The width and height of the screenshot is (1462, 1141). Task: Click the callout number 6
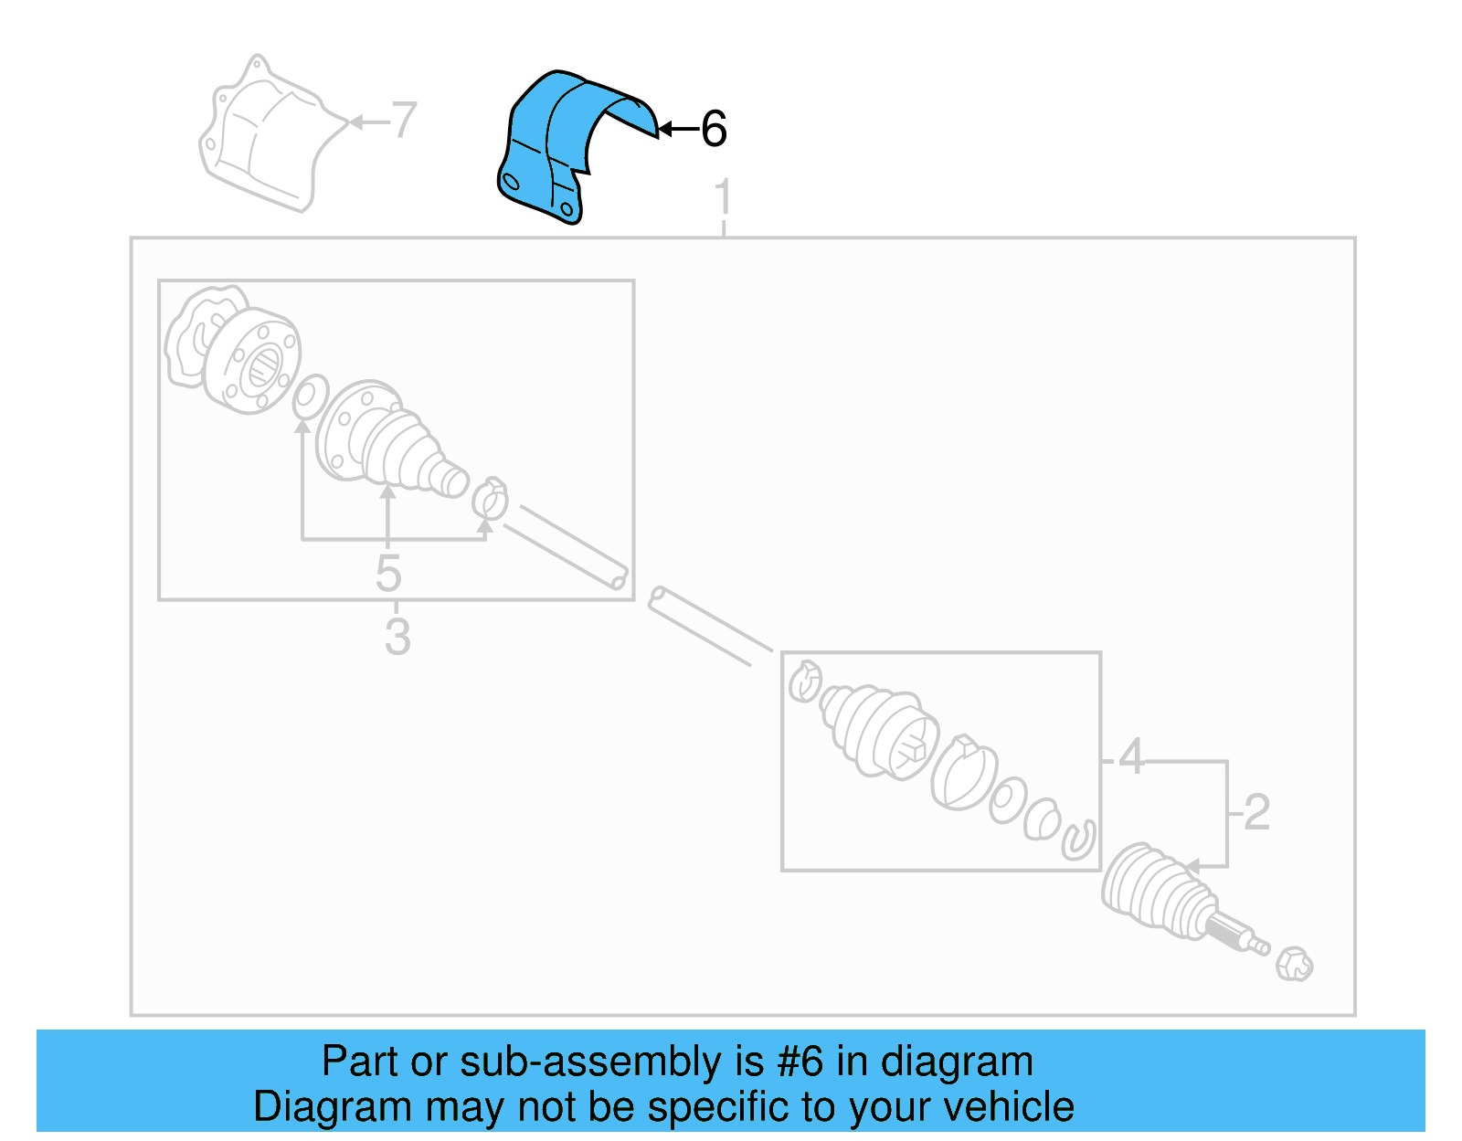pyautogui.click(x=714, y=129)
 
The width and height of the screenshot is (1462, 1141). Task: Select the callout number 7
pyautogui.click(x=404, y=120)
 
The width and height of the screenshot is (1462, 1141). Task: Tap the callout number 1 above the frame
pyautogui.click(x=723, y=197)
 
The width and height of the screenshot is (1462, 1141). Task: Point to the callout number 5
pyautogui.click(x=388, y=574)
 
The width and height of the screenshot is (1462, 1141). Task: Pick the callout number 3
pyautogui.click(x=397, y=636)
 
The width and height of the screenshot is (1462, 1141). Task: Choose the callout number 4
pyautogui.click(x=1131, y=755)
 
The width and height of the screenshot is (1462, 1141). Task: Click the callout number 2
pyautogui.click(x=1256, y=811)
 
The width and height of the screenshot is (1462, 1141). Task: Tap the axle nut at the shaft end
pyautogui.click(x=1294, y=964)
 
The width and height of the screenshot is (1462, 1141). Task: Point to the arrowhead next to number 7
pyautogui.click(x=356, y=121)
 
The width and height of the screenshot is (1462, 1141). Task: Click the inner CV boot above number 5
pyautogui.click(x=390, y=440)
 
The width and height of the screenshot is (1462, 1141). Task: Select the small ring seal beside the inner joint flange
pyautogui.click(x=310, y=396)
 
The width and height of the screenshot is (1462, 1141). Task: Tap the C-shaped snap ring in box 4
pyautogui.click(x=1079, y=840)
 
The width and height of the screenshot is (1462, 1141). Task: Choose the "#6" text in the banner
pyautogui.click(x=800, y=1061)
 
